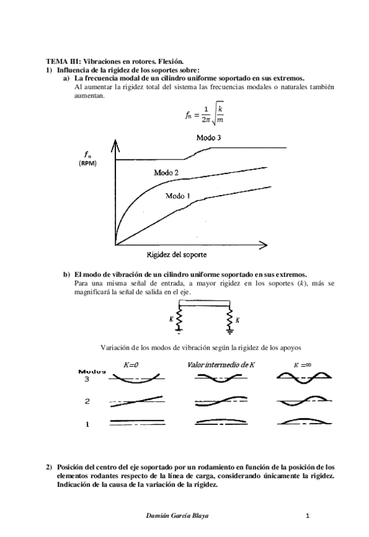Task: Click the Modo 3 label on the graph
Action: click(x=208, y=137)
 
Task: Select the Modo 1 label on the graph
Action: click(x=178, y=196)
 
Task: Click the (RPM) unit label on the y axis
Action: click(x=87, y=163)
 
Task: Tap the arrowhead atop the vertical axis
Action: click(x=114, y=146)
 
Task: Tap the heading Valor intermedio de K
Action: click(x=221, y=365)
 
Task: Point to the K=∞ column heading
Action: click(x=304, y=365)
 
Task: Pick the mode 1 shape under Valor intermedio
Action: click(x=219, y=422)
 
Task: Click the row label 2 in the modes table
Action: click(x=87, y=401)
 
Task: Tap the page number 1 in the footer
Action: click(x=307, y=516)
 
